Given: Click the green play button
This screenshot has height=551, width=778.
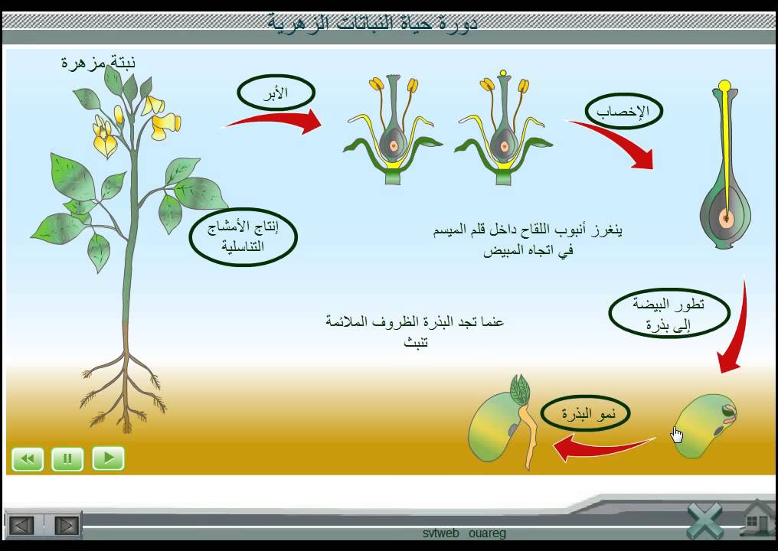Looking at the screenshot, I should pos(108,458).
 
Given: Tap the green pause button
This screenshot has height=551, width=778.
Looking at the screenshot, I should pos(67,458).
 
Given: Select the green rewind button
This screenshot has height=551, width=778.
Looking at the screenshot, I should pos(28,458).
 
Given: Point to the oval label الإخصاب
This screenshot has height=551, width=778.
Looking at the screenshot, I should pos(623,112).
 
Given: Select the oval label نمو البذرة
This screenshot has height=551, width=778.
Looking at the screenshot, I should pos(585,415).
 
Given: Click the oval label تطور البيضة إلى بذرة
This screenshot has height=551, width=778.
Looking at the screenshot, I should pos(659,314).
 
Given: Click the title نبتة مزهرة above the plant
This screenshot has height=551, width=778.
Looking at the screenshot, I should pos(98,62).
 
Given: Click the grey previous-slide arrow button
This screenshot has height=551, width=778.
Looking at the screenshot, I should pos(21,525).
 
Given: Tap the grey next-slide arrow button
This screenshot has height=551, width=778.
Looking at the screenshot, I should pos(67,525).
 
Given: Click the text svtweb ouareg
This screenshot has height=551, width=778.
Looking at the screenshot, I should pos(464,533).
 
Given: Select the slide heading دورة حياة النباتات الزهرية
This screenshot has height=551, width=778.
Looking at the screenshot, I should pos(373,22).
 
